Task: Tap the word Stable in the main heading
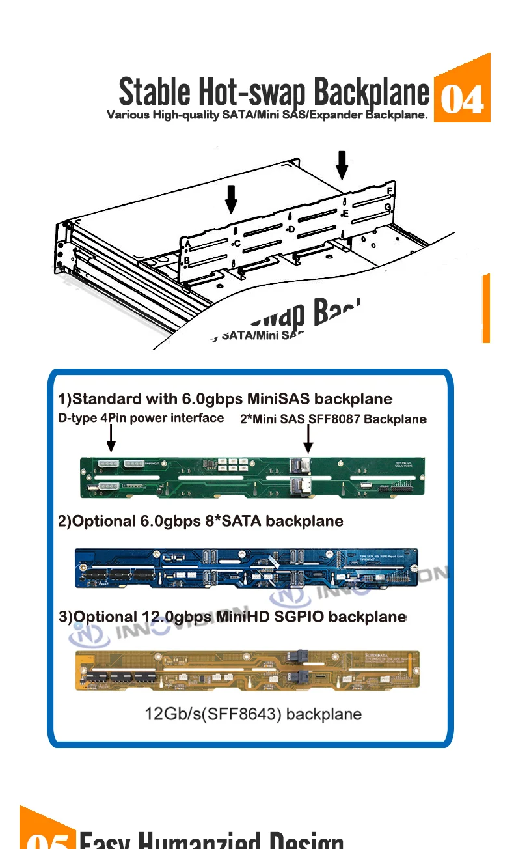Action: (x=154, y=92)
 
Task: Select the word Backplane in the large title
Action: (x=372, y=92)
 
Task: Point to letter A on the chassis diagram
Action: (x=187, y=244)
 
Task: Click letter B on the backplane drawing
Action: (x=187, y=261)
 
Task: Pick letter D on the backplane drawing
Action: (x=291, y=229)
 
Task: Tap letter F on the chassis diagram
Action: (x=389, y=190)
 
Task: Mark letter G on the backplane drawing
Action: (x=388, y=207)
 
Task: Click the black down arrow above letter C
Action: (x=231, y=199)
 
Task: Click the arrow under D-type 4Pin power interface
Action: (x=111, y=438)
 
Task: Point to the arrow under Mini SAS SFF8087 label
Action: (x=308, y=439)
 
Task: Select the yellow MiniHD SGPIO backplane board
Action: (x=247, y=669)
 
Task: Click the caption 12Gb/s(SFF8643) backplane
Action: (x=252, y=714)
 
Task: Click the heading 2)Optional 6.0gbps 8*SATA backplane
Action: (x=200, y=521)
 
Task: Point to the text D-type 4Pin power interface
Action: (x=141, y=418)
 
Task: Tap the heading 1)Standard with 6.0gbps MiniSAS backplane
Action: (x=225, y=398)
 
